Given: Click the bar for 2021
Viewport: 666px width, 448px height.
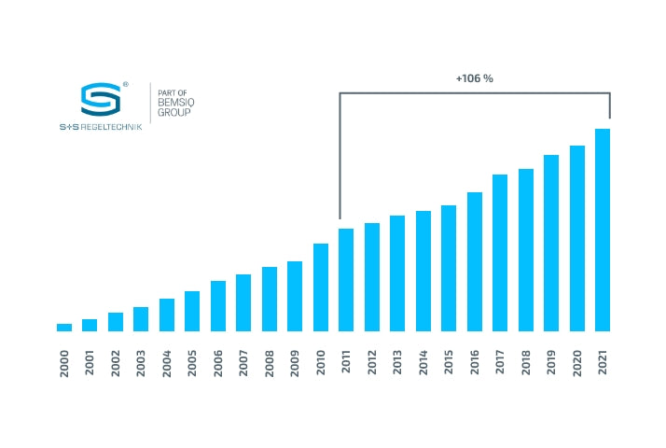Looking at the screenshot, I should (x=603, y=230).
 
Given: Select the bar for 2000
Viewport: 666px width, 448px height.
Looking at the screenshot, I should (x=64, y=328).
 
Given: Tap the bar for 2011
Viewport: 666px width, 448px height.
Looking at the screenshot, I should (x=346, y=280).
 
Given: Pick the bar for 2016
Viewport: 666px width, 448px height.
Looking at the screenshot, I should (x=474, y=261).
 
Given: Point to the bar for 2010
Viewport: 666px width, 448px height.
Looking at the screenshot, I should (x=321, y=287).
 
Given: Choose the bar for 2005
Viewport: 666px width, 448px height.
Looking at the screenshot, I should (x=192, y=311).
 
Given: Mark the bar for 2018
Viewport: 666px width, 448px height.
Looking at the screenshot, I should (x=525, y=250).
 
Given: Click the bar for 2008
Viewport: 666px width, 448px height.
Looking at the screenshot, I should (x=270, y=299).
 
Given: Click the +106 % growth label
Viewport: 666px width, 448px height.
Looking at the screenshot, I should (x=474, y=78).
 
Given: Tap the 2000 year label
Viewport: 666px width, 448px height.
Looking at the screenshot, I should (x=64, y=362).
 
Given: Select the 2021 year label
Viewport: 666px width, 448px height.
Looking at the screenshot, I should (x=603, y=362).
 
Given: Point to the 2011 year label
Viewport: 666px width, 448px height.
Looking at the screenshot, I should (x=346, y=362).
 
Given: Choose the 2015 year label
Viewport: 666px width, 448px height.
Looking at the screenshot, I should (x=449, y=362).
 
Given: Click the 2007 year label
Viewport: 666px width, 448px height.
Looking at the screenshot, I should (x=243, y=362).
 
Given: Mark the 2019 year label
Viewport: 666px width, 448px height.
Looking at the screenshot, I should (x=551, y=362).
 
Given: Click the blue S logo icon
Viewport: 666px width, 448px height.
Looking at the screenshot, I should (x=99, y=101).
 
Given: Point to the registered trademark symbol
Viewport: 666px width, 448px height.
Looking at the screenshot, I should (x=125, y=84).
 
